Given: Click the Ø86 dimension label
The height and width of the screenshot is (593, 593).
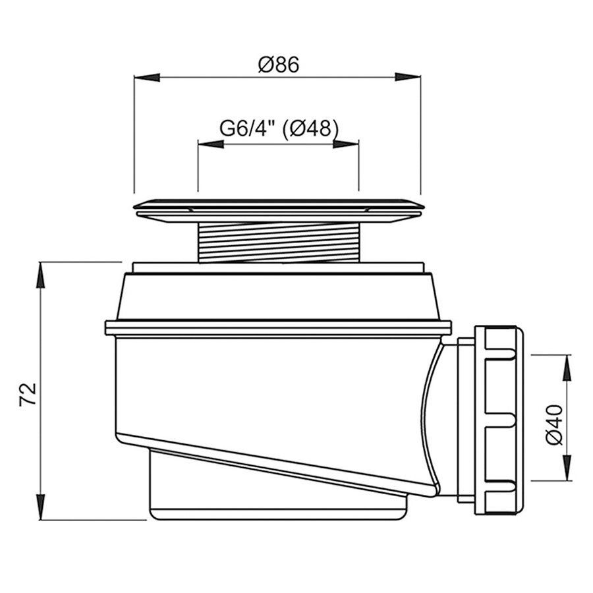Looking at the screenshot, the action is [x=279, y=65].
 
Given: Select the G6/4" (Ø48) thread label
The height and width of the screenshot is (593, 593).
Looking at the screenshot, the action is [x=279, y=128].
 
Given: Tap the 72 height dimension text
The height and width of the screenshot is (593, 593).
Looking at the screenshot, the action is [x=28, y=394].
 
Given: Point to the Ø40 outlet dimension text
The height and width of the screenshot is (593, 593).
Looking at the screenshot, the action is [x=555, y=425].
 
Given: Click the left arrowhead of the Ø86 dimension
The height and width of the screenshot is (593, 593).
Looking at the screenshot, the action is [x=147, y=77].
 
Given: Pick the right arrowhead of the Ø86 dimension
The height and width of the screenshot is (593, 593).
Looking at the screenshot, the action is [x=408, y=77].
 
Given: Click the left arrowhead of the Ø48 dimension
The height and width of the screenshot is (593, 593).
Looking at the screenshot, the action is [x=211, y=144].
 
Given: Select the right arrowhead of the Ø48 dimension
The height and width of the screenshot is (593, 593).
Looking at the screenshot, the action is [x=346, y=144].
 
